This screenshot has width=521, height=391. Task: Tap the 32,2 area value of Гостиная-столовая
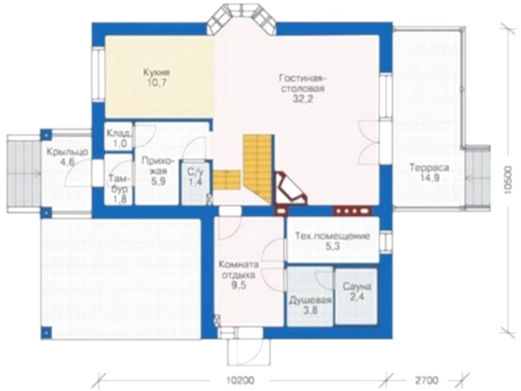tap(303, 99)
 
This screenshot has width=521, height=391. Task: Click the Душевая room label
tap(310, 300)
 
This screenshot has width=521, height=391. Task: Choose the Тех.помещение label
tap(333, 236)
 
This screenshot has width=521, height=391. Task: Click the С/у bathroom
tap(196, 182)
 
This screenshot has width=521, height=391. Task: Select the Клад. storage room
tap(119, 136)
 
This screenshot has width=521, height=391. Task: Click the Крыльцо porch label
tap(67, 151)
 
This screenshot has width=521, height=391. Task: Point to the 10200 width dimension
tap(240, 380)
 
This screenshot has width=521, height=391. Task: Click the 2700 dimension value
tap(426, 380)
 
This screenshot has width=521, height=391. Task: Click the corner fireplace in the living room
tap(289, 188)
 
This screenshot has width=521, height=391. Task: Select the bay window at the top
tap(241, 18)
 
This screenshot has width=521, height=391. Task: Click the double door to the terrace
tap(370, 142)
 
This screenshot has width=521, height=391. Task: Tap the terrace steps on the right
tap(477, 177)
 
